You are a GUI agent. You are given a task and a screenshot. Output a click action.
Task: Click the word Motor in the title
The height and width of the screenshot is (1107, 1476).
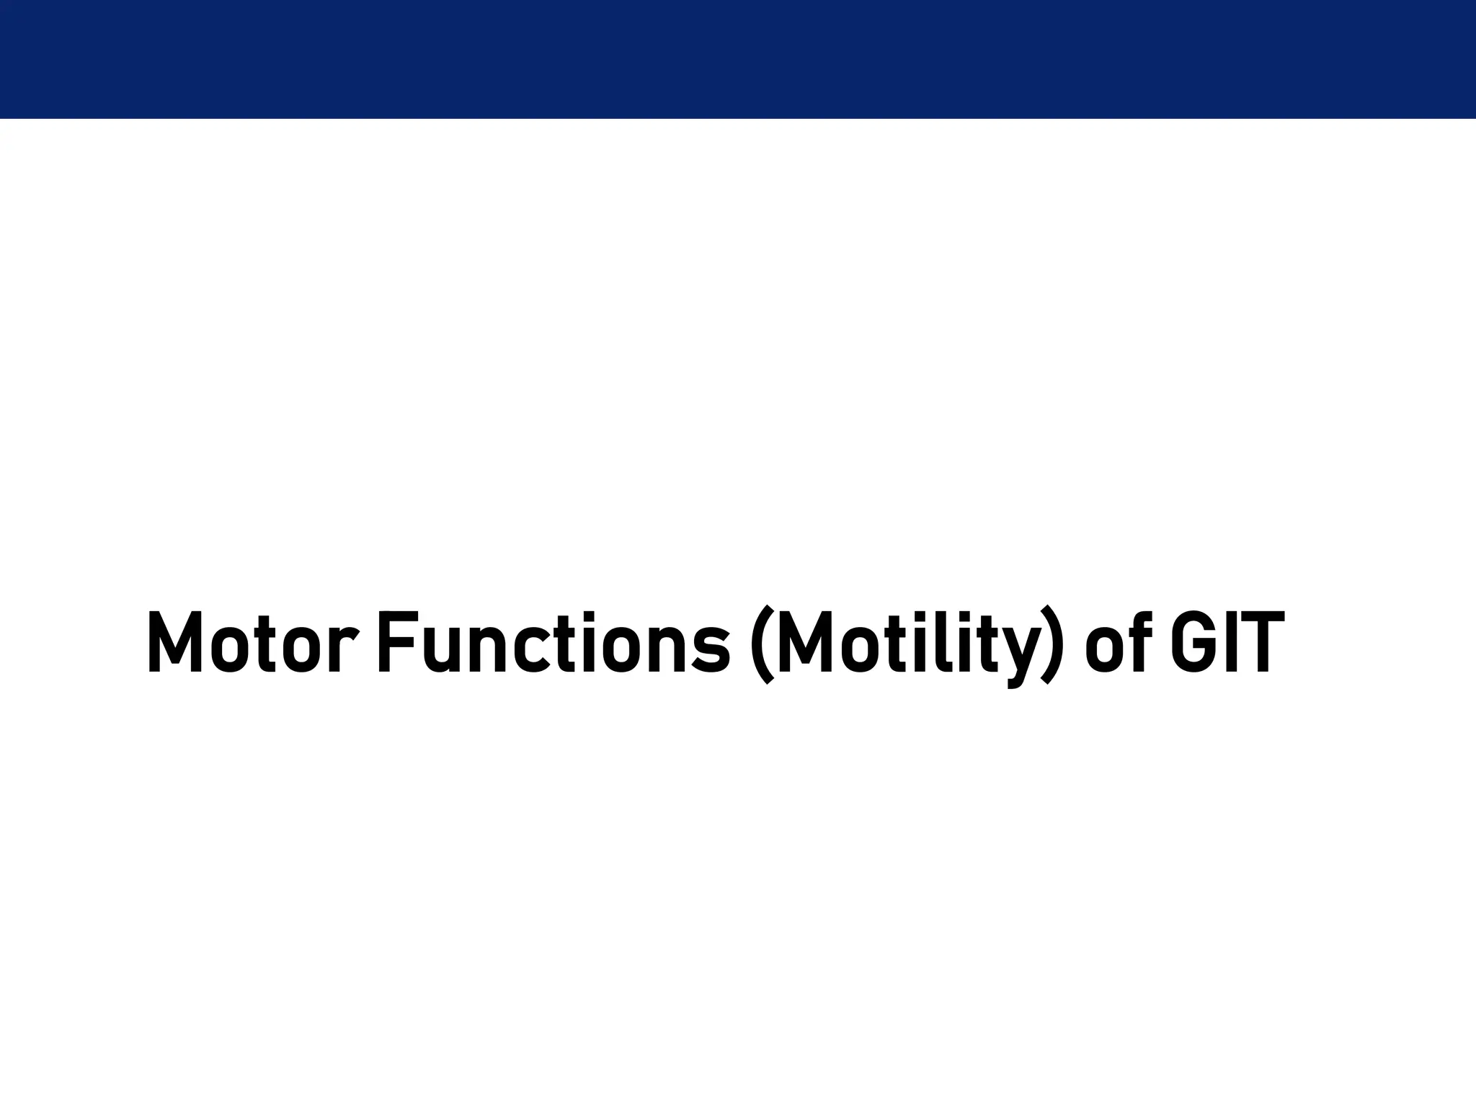[252, 642]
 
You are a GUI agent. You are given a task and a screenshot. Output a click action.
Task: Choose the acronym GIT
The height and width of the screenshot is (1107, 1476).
[1226, 642]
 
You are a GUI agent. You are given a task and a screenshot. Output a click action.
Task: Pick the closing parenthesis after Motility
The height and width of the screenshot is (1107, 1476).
[1050, 644]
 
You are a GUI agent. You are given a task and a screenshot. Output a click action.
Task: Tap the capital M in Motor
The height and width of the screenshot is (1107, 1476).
[174, 642]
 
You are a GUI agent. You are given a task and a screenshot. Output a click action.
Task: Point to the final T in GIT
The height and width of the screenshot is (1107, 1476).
[1261, 642]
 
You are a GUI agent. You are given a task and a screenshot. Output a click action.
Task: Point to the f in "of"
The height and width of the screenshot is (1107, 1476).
[1139, 642]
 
